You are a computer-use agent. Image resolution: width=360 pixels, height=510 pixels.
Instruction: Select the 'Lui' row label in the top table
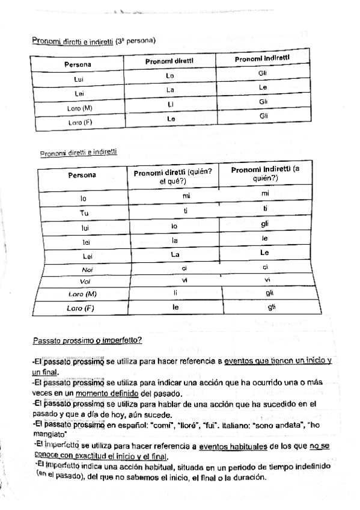point(78,79)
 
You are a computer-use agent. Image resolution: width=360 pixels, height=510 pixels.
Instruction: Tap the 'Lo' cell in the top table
point(169,76)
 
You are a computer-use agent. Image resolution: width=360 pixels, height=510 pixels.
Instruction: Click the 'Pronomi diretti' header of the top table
point(169,61)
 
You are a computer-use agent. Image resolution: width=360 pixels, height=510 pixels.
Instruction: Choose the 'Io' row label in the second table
point(84,197)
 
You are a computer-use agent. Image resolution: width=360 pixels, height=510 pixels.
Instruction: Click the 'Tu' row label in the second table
point(84,213)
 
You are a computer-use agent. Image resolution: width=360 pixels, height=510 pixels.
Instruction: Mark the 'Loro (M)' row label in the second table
point(82,294)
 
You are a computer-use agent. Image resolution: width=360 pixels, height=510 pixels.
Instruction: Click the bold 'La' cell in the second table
point(175,254)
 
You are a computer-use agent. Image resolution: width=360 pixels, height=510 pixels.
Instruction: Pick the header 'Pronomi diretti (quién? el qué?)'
point(173,176)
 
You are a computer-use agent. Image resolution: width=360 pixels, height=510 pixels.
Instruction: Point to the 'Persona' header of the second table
point(82,176)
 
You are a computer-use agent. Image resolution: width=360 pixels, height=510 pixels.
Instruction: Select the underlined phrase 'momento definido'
point(109,393)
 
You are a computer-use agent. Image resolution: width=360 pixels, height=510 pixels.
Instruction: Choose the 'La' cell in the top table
point(170,90)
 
